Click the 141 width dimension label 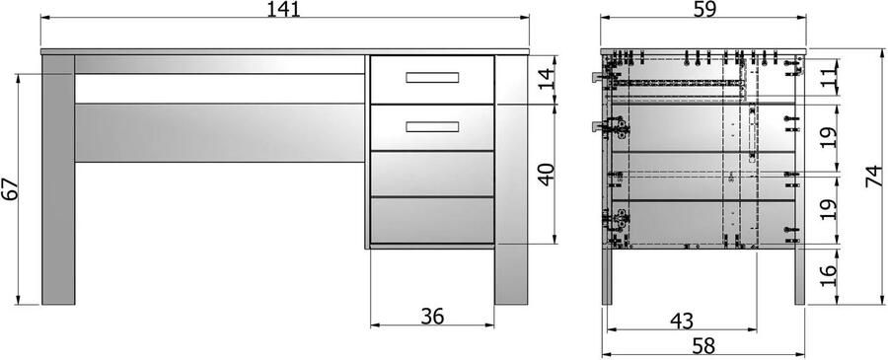click(x=284, y=9)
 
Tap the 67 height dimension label click(x=10, y=190)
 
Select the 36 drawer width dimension click(x=432, y=317)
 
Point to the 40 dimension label click(x=546, y=175)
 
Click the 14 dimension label click(x=546, y=80)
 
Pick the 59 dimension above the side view click(x=703, y=9)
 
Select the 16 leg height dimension click(x=828, y=275)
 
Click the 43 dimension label click(x=681, y=321)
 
